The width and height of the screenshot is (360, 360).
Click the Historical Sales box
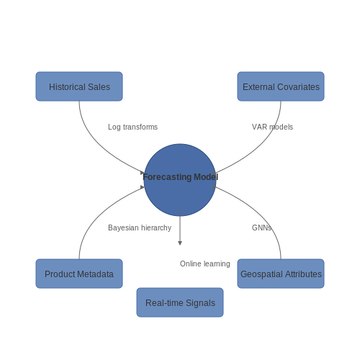point(79,86)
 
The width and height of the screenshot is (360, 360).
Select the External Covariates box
point(281,86)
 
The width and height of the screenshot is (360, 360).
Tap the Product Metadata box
point(79,274)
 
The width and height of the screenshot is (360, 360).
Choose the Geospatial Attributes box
point(281,274)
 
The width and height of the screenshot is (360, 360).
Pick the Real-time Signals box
point(180,302)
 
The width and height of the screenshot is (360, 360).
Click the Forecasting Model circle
point(180,180)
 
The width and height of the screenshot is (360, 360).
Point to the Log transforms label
point(132,127)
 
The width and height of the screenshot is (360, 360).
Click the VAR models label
point(272,127)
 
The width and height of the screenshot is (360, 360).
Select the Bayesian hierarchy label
point(140,228)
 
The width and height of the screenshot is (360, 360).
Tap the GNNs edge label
point(261,228)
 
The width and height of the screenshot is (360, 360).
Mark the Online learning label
point(205,264)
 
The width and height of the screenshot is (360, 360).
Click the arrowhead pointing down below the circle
point(180,243)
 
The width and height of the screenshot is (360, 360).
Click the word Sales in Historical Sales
point(99,87)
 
